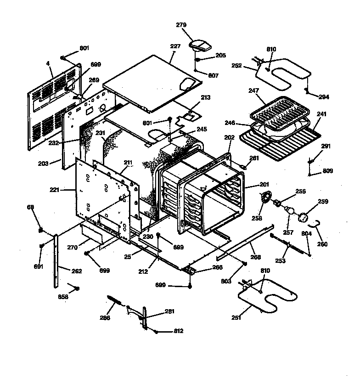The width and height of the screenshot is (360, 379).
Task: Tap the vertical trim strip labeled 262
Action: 56,260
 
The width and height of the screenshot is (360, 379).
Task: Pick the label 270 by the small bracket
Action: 72,247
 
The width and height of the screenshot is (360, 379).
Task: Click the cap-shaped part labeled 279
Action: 200,45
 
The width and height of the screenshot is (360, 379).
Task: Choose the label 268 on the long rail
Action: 256,257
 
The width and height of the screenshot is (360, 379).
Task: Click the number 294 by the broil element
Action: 324,97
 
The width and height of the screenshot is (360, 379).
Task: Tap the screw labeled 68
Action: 40,229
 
